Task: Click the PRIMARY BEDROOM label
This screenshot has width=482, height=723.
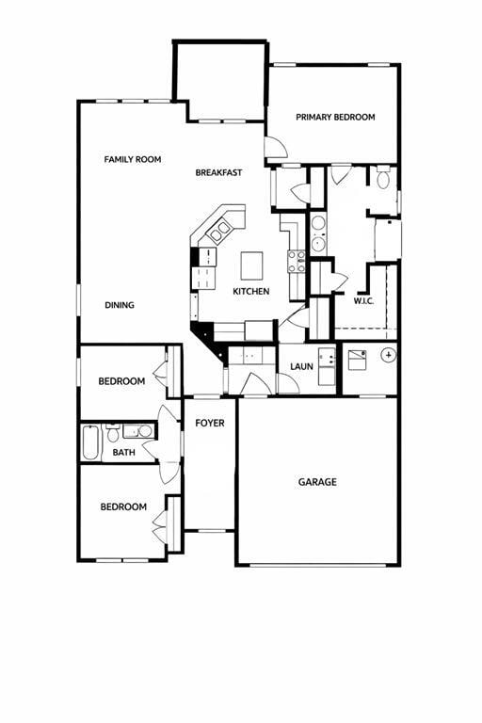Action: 335,118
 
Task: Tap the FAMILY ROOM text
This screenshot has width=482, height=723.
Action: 132,160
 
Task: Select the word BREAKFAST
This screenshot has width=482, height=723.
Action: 218,172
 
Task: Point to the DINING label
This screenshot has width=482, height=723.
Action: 120,305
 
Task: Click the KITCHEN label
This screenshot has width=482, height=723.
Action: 251,292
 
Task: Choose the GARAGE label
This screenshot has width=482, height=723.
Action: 317,482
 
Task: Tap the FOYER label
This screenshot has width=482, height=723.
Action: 210,424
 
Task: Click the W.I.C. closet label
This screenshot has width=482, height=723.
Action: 364,301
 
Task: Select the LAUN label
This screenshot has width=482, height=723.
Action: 301,366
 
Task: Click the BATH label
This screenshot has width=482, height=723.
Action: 124,453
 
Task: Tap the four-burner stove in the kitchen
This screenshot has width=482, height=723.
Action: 297,261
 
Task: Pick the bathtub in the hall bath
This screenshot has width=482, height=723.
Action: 90,442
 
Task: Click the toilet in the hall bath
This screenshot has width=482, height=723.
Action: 113,434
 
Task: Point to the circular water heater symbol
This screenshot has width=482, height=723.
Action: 388,355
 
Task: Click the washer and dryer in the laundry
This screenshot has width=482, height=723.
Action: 327,365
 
